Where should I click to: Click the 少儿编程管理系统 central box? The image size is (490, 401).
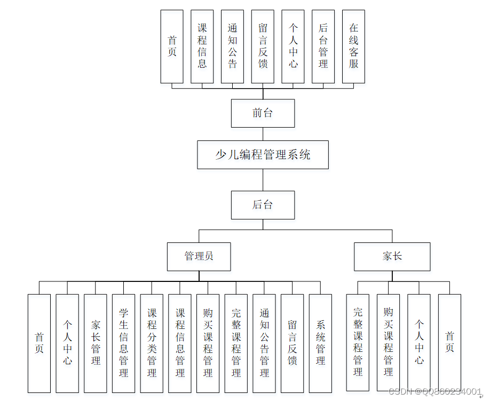[263, 155]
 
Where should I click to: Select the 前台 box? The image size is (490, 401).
[263, 113]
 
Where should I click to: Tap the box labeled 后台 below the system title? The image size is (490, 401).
[263, 205]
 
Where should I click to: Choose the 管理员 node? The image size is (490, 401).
[199, 256]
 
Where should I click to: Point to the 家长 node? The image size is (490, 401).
[392, 256]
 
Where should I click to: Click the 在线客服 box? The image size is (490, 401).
[353, 46]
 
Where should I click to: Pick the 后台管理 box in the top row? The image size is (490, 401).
[323, 46]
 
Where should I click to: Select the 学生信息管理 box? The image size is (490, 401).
[124, 343]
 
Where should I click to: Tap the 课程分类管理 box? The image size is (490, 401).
[152, 343]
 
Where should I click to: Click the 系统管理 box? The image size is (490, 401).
[320, 343]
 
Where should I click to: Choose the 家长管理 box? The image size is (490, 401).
[96, 343]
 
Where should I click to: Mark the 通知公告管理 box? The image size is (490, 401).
[264, 343]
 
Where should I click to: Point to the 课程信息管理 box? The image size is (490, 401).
[180, 343]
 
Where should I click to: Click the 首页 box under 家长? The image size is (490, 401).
[449, 342]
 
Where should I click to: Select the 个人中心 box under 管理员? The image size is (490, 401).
[67, 343]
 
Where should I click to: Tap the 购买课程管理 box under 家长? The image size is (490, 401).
[388, 342]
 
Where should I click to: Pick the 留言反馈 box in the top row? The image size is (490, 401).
[263, 46]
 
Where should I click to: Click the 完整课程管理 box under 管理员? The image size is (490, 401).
[236, 343]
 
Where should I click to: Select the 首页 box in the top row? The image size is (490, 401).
[172, 46]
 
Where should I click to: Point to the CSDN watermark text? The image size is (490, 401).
[435, 392]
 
